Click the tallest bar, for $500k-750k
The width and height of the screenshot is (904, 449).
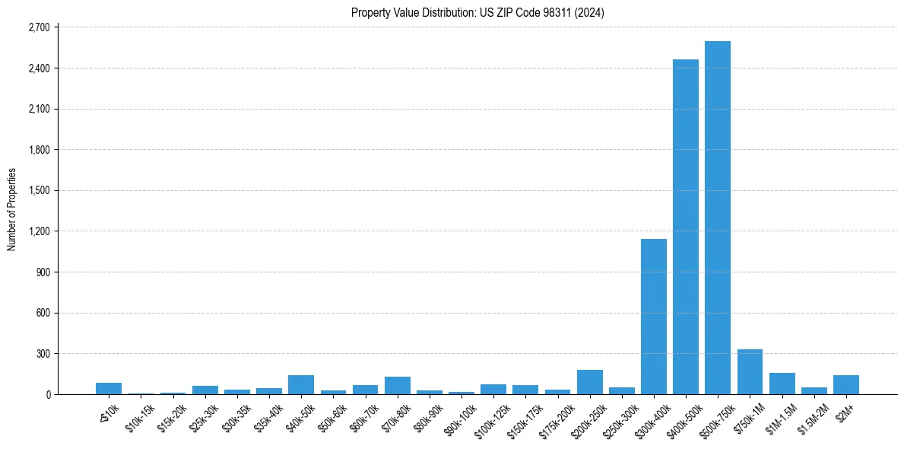(x=718, y=218)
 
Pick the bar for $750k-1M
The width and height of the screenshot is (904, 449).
(x=750, y=372)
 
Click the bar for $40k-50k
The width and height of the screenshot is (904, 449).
(x=301, y=385)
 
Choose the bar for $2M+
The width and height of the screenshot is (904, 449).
(x=846, y=385)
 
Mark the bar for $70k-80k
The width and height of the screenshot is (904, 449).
(x=398, y=386)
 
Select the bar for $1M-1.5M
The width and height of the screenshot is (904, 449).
(x=782, y=384)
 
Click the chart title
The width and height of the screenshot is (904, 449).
(x=477, y=13)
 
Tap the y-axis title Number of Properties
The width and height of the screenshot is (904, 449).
(x=12, y=209)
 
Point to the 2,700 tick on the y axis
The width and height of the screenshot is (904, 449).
(x=39, y=27)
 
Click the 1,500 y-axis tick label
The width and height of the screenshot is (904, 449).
(x=39, y=190)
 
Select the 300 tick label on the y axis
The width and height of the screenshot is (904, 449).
(x=43, y=354)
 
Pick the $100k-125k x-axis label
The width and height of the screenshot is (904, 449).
(x=490, y=417)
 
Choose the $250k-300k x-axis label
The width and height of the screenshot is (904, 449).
(x=619, y=417)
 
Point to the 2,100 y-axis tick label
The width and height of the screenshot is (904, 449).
(x=39, y=109)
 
